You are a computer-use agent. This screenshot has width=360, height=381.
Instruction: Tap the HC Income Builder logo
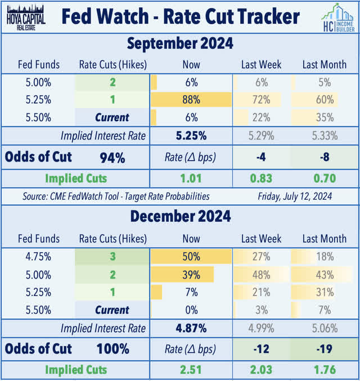[336, 17]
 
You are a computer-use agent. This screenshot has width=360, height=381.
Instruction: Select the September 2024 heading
[179, 43]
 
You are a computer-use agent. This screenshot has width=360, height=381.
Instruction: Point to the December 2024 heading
[179, 216]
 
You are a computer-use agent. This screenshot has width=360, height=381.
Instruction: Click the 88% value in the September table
[191, 100]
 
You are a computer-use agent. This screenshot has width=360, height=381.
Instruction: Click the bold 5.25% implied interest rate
[191, 135]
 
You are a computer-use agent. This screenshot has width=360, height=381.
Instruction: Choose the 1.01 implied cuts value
[191, 179]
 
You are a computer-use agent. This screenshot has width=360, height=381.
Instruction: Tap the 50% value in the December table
[191, 256]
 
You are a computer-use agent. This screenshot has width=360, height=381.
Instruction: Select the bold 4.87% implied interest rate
[191, 328]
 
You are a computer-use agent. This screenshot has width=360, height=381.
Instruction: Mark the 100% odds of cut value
[112, 349]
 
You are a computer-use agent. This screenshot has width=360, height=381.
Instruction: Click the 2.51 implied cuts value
[191, 370]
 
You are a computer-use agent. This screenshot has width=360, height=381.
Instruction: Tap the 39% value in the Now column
[191, 274]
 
